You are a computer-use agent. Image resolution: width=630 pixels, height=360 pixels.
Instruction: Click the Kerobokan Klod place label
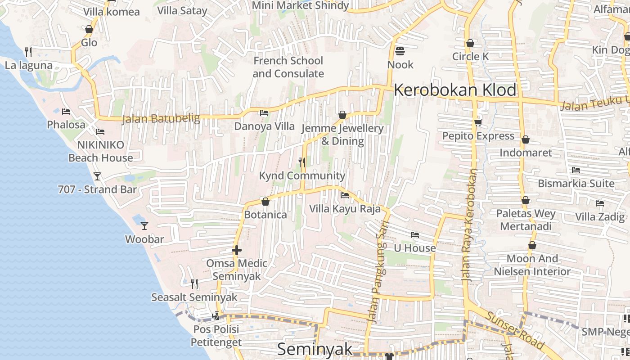[x=455, y=90]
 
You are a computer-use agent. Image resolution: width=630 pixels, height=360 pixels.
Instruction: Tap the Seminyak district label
[x=315, y=349]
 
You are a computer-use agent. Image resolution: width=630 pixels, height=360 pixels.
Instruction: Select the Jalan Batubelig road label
[x=161, y=119]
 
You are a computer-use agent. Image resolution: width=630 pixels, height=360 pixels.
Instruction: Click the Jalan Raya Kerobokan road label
[x=469, y=225]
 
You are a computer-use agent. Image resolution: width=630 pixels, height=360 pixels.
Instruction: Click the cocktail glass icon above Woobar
[x=144, y=225]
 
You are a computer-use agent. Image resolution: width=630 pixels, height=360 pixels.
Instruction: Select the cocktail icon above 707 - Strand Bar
[x=97, y=176]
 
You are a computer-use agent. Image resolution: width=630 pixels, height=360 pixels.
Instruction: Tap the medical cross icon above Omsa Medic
[x=237, y=250]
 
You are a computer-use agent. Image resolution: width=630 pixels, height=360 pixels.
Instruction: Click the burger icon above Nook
[x=400, y=51]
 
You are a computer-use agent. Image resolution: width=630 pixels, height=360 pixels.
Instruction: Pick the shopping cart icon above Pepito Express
[x=478, y=122]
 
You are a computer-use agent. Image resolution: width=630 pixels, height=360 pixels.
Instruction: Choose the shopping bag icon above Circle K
[x=470, y=43]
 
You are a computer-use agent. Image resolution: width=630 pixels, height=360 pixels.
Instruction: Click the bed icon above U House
[x=415, y=235]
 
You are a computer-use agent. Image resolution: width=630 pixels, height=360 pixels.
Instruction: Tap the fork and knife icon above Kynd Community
[x=302, y=162]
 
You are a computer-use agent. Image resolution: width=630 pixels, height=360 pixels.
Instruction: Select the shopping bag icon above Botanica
[x=265, y=202]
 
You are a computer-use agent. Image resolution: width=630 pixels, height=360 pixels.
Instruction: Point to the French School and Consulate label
[x=288, y=67]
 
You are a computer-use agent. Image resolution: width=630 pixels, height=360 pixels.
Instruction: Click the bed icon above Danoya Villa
[x=264, y=113]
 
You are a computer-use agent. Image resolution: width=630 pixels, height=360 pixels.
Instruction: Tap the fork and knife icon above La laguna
[x=28, y=52]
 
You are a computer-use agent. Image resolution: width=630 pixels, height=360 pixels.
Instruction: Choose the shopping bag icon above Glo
[x=89, y=29]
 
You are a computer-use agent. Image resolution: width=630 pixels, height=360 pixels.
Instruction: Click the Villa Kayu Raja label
[x=345, y=209]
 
